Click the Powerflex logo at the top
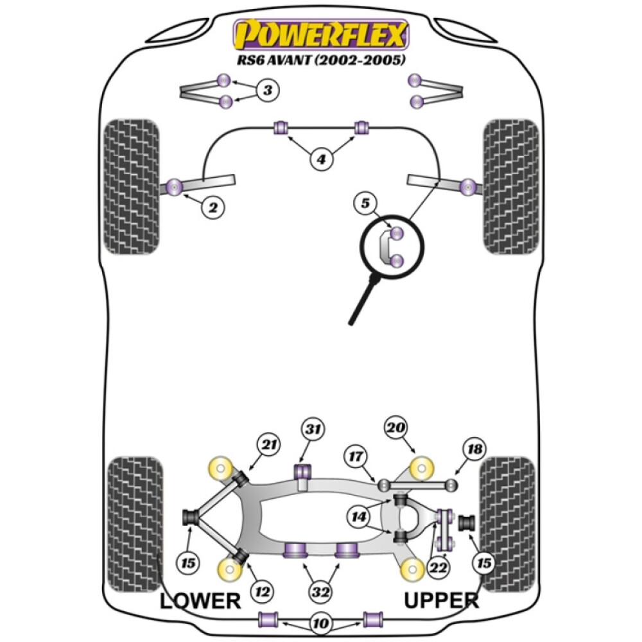coord(321,35)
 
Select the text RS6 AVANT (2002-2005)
coord(321,62)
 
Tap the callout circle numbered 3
coord(268,91)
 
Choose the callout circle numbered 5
coord(365,204)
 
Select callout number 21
coord(269,443)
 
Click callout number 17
coord(356,456)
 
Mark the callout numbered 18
coord(475,449)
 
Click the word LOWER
coord(200,601)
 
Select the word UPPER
coord(442,601)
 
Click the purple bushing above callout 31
coord(302,470)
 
